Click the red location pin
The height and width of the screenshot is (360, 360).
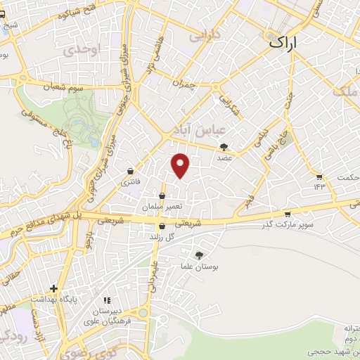pos(181,165)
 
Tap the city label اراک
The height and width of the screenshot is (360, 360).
pos(283,43)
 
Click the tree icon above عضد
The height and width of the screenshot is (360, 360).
pos(224,147)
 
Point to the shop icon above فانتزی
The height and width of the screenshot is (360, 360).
pos(131,172)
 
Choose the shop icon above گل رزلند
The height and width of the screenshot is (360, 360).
pos(162,226)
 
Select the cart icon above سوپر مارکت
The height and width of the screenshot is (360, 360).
pos(287,214)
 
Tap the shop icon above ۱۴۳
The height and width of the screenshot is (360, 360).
pos(321,176)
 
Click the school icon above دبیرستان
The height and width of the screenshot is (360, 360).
pos(107,302)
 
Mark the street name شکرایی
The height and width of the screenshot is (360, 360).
pos(226,103)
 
